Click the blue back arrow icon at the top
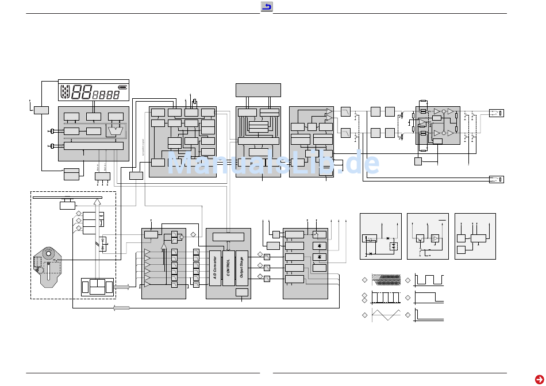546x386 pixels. [x=267, y=7]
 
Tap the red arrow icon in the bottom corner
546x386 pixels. [x=539, y=379]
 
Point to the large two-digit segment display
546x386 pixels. [x=82, y=93]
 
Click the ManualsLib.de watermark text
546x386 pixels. [x=273, y=164]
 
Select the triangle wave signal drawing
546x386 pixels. [x=386, y=315]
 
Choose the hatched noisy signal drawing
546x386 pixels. [x=386, y=280]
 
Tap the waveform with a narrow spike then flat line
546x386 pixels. [x=428, y=315]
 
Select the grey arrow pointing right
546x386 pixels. [x=122, y=286]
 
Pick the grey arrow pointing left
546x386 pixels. [x=121, y=308]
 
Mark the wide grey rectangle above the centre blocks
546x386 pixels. [x=258, y=90]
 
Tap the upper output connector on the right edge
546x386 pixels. [x=496, y=113]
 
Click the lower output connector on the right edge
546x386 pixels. [x=496, y=180]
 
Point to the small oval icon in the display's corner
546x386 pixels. [x=115, y=88]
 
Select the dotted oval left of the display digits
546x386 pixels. [x=65, y=92]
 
